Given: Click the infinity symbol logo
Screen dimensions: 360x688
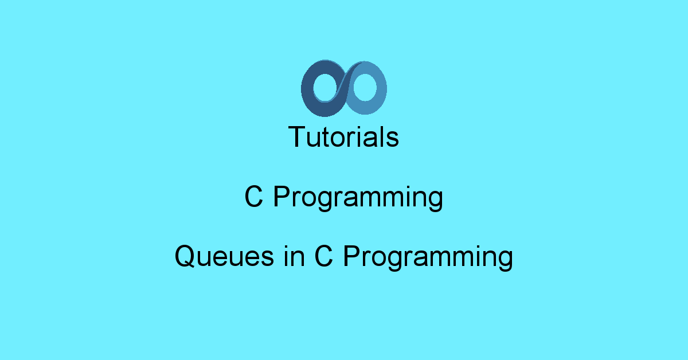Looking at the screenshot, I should (x=344, y=87).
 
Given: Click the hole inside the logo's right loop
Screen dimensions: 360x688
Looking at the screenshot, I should (x=365, y=88).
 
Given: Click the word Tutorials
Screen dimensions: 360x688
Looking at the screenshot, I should (x=344, y=137).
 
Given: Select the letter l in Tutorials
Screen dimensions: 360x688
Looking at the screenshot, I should (x=384, y=137).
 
